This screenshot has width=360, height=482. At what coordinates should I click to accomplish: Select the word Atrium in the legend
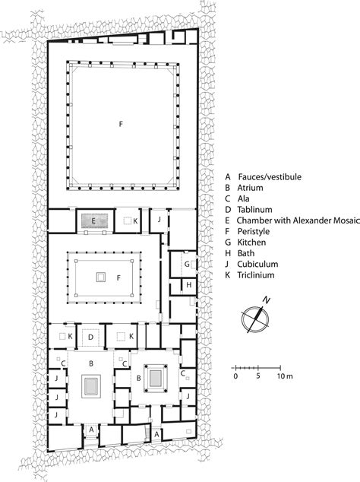pos(250,189)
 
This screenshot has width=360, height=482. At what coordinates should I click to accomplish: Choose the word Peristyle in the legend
pos(253,238)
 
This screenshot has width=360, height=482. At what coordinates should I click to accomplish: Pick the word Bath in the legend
pos(245,262)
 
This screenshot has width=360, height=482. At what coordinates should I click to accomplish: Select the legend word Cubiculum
pos(256,274)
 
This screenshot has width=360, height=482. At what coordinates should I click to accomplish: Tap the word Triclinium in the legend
pos(255,287)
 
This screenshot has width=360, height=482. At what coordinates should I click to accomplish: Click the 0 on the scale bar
pos(235,376)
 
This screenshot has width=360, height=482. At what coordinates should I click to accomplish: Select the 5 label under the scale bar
pos(258,376)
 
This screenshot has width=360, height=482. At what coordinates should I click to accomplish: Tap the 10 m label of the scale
pos(284,376)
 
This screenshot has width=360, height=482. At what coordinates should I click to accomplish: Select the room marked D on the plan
pos(91,335)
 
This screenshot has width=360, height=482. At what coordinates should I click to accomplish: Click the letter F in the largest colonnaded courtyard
pos(120,122)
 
